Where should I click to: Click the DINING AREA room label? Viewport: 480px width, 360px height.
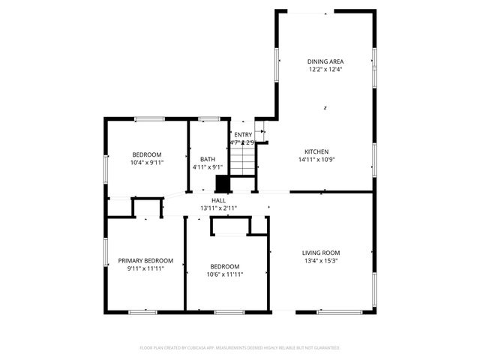tap(325, 61)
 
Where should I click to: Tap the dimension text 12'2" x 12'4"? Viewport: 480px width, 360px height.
tap(325, 70)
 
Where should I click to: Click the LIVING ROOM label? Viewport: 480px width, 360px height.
tap(321, 253)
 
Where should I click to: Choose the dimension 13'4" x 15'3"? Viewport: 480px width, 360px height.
tap(321, 261)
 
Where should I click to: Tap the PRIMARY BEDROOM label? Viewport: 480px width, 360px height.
tap(145, 260)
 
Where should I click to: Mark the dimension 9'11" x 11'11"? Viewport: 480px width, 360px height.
tap(145, 268)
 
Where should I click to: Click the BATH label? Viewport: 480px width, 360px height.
tap(208, 159)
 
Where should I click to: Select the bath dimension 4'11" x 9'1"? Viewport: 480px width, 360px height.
tap(208, 167)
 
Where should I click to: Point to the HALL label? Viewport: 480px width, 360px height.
tap(218, 200)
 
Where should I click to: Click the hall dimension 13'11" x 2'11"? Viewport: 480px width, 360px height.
tap(218, 208)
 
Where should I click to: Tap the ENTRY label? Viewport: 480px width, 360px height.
tap(243, 134)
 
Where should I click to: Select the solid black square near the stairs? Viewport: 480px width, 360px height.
tap(223, 184)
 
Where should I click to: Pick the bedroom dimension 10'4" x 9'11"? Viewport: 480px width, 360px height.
tap(147, 162)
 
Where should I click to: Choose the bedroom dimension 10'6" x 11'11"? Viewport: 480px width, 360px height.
tap(225, 274)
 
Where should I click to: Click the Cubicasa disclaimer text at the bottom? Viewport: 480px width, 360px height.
tap(240, 348)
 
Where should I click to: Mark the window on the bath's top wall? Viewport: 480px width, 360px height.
tap(208, 118)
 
